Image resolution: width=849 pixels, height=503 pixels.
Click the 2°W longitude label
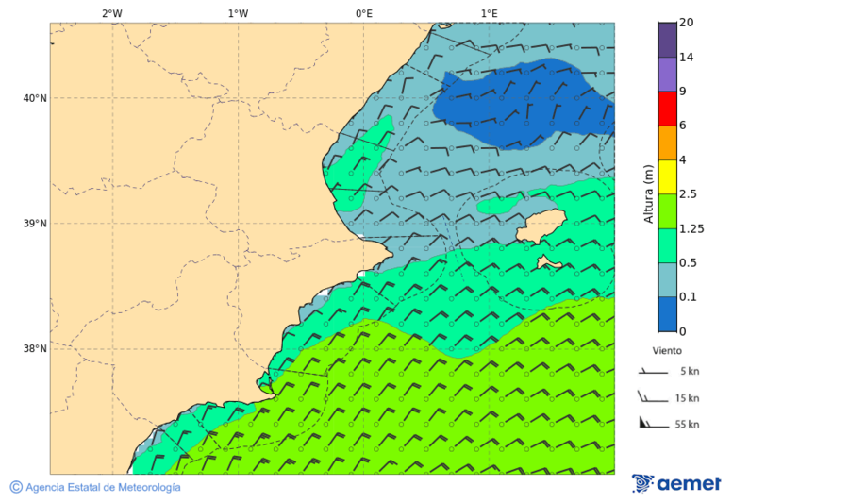coord(111,13)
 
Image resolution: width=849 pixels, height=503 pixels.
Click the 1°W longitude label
coord(238,13)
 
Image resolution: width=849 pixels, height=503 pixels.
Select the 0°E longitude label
coord(363,13)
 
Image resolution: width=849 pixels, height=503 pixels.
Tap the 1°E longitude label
coord(489,13)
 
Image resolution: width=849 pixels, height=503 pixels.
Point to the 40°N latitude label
coord(34,98)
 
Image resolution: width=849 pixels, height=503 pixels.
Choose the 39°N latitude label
coord(34,224)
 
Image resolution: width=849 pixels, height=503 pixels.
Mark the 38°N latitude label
coord(34,349)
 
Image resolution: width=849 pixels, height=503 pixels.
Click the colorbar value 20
coord(687,23)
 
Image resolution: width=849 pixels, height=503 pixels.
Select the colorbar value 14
coord(687,58)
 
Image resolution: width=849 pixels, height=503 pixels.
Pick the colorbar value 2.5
coord(690,194)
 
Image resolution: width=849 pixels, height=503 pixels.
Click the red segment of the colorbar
coord(667,109)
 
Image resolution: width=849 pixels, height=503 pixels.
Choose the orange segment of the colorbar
coord(667,143)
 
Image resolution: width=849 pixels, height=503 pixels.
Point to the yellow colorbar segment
coord(667,177)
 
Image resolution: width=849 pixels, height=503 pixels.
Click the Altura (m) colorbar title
coord(648,193)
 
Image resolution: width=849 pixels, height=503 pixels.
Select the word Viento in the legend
coord(667,350)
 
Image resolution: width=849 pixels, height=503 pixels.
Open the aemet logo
coord(676,483)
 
